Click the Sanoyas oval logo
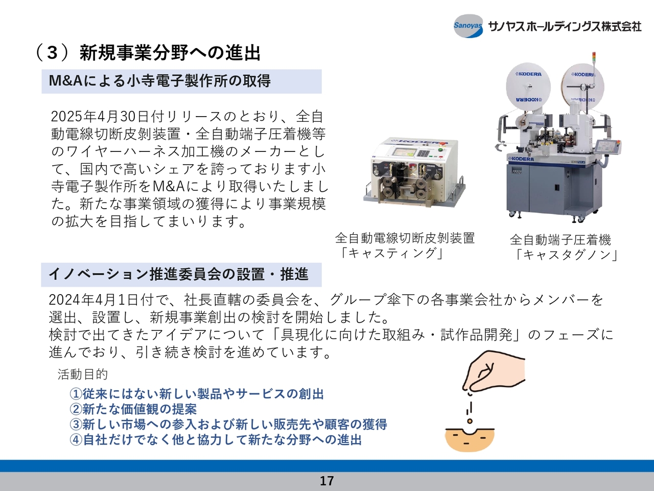click(468, 26)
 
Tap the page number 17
click(327, 481)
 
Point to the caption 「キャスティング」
click(391, 253)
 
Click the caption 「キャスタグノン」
click(566, 255)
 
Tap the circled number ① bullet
click(76, 394)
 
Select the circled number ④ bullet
click(76, 440)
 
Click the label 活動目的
click(83, 374)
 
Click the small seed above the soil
click(470, 421)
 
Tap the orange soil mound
click(470, 440)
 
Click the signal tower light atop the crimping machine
click(594, 57)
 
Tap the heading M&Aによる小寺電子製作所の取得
click(160, 81)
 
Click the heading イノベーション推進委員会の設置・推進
click(178, 274)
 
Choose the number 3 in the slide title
click(52, 53)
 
